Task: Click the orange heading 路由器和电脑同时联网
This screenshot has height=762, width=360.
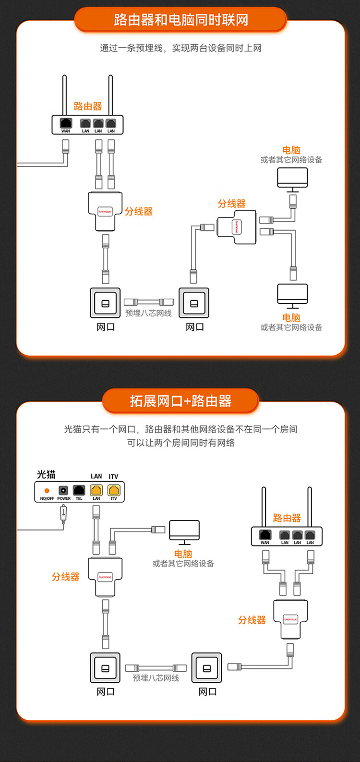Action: click(x=180, y=20)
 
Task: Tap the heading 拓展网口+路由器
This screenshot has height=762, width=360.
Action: click(x=180, y=401)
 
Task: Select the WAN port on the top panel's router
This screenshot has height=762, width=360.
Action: click(x=66, y=123)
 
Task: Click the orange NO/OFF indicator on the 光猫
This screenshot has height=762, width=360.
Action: click(x=47, y=491)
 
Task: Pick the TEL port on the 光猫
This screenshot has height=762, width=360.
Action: click(x=79, y=490)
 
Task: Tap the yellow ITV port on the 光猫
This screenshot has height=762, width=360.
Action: click(x=114, y=490)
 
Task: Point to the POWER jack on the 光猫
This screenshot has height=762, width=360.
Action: click(x=63, y=490)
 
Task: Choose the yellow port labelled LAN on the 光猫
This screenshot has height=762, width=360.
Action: click(x=96, y=490)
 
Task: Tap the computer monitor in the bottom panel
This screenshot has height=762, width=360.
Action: click(x=184, y=532)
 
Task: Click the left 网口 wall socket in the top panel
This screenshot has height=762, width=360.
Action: click(x=106, y=303)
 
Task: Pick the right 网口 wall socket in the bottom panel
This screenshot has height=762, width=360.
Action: click(x=207, y=668)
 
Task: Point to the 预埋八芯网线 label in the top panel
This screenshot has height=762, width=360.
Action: click(x=148, y=313)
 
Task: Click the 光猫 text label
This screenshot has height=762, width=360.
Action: click(x=47, y=474)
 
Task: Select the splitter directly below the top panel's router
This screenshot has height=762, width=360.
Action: click(x=105, y=211)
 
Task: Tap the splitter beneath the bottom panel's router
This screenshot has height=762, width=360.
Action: click(x=290, y=619)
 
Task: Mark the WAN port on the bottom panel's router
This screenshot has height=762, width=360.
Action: click(x=265, y=535)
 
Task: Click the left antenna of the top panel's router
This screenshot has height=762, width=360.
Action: click(x=64, y=95)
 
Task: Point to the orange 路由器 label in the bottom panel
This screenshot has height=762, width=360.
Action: click(x=287, y=518)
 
